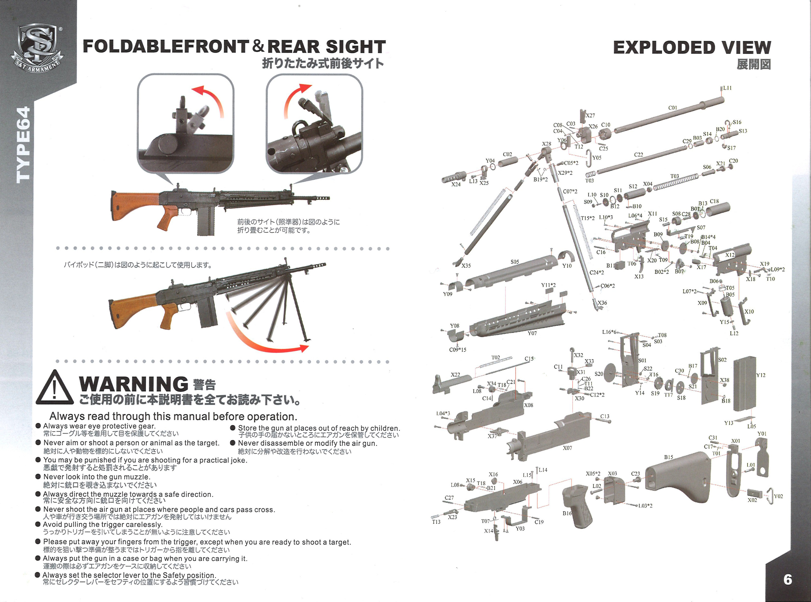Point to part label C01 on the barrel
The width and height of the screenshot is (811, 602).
click(673, 108)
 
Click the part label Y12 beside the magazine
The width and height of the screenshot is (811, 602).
click(761, 375)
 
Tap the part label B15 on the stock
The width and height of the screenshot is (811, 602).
click(668, 457)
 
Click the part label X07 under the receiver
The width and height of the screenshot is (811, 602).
click(567, 448)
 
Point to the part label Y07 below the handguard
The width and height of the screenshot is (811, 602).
click(532, 333)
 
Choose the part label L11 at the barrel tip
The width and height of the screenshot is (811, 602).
click(727, 88)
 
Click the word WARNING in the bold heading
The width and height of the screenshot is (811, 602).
click(133, 384)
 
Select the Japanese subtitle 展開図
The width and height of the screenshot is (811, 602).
click(753, 65)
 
